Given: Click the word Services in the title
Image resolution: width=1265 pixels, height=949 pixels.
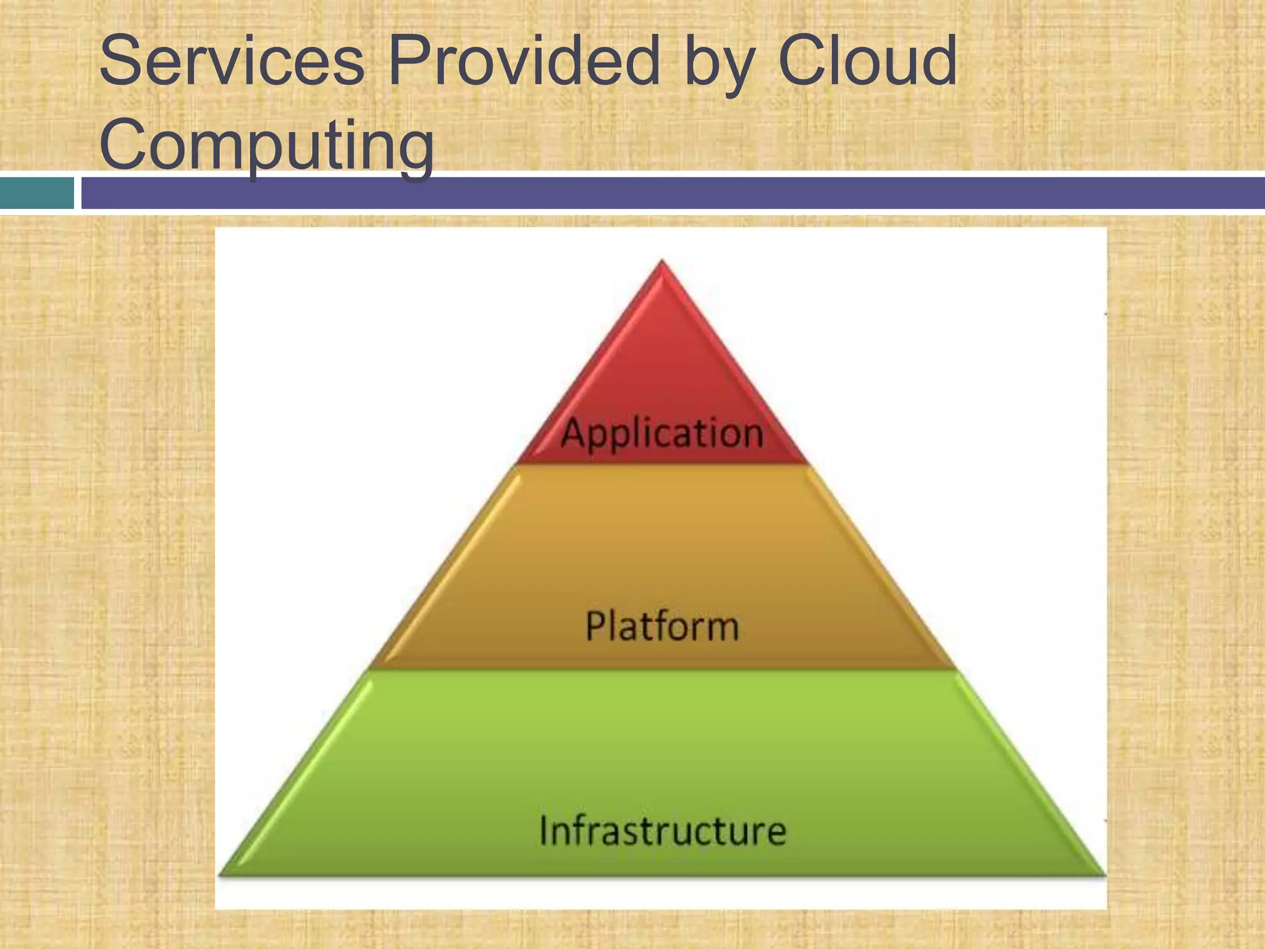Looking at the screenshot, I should point(232,62).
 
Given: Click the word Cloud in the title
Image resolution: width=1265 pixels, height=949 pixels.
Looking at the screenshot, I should point(867,62).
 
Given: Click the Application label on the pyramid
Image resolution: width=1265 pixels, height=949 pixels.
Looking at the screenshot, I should point(662,433).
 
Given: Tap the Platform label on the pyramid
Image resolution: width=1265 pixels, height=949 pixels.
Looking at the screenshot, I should point(662,626).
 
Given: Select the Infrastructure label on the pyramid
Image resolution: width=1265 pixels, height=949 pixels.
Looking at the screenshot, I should point(663,830).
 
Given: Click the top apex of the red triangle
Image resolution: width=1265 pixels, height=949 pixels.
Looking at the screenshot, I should point(662,262).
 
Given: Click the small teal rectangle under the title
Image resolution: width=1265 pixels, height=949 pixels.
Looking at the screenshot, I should point(36,193).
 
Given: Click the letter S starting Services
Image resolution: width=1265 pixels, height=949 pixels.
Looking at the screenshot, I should point(120,62).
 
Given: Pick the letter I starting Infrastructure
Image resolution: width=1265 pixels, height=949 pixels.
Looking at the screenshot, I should point(544,830).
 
